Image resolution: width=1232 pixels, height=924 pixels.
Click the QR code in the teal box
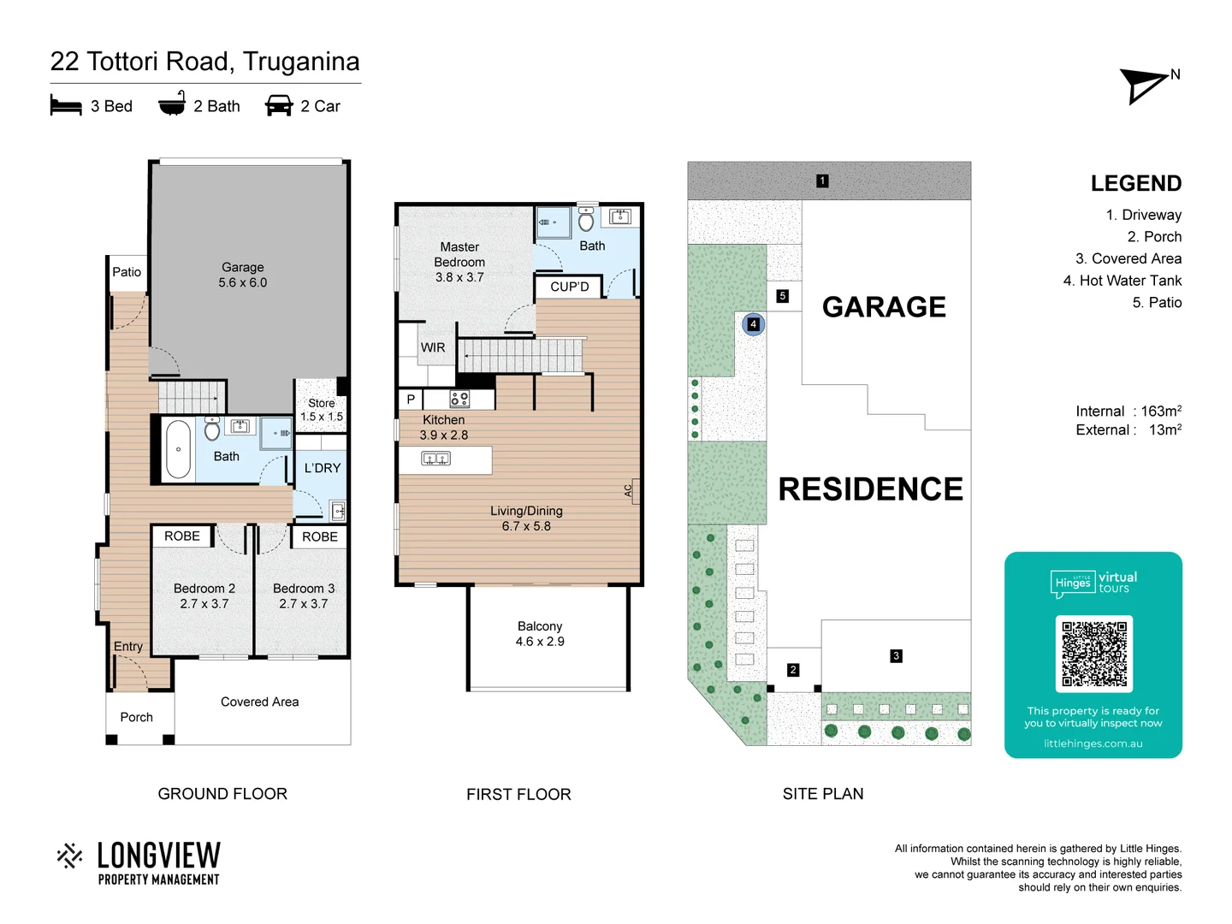click(x=1093, y=654)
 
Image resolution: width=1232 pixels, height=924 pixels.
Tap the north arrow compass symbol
click(x=1145, y=86)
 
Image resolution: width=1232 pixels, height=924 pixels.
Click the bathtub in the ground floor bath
click(x=178, y=449)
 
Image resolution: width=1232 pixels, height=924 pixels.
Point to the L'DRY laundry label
click(x=322, y=468)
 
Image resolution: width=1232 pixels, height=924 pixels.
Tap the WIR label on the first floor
click(x=433, y=347)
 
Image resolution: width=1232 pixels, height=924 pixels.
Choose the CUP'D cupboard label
click(x=570, y=287)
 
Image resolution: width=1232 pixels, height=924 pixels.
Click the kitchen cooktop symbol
click(x=459, y=399)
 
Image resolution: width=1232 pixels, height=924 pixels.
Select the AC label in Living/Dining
click(x=629, y=491)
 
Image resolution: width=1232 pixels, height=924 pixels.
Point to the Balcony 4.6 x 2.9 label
click(x=540, y=634)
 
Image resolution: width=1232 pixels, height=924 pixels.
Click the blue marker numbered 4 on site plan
click(x=753, y=324)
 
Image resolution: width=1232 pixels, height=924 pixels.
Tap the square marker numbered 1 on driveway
click(x=822, y=181)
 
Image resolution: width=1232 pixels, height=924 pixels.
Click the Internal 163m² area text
click(x=1128, y=412)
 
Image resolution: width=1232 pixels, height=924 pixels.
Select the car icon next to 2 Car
click(x=279, y=106)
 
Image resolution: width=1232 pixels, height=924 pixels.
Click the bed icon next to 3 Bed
click(x=66, y=106)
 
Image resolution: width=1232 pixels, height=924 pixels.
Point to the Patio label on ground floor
click(x=127, y=272)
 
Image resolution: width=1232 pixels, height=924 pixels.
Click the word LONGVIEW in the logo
click(x=159, y=855)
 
